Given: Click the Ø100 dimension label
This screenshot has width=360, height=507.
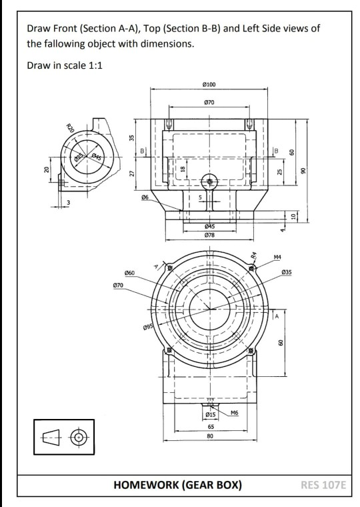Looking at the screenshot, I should (x=210, y=85).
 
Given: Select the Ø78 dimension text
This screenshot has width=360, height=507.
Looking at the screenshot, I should (x=210, y=235).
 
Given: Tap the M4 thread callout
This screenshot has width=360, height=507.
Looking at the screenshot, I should (x=277, y=257).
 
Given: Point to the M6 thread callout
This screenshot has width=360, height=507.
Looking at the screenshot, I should (x=234, y=414).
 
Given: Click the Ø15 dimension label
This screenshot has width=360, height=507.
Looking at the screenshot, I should (x=210, y=415).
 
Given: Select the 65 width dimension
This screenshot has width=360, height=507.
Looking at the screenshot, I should (x=210, y=426).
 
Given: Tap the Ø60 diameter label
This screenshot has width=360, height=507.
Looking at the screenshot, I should (x=129, y=274).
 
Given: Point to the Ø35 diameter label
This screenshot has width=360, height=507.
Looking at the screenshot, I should (x=287, y=272).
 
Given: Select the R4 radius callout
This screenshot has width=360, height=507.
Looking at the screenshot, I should (x=254, y=256).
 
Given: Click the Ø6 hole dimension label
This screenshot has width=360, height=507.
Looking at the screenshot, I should (x=145, y=197).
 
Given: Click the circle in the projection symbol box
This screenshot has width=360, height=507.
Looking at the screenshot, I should (x=79, y=438).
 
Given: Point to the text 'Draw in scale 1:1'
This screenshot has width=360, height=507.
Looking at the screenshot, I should (x=65, y=67).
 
